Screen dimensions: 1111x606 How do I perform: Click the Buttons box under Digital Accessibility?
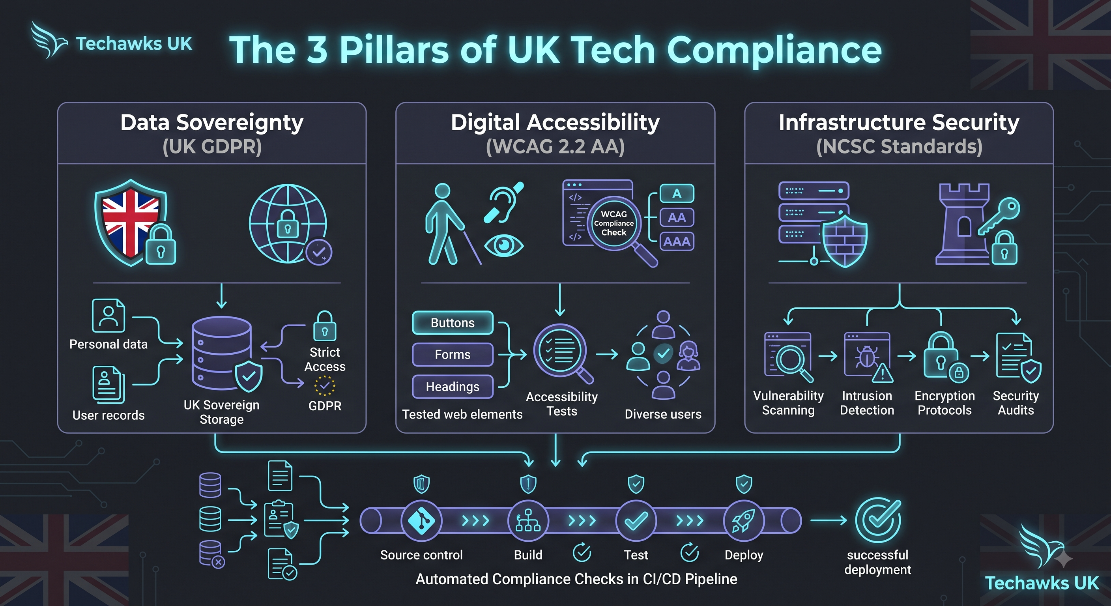pos(453,323)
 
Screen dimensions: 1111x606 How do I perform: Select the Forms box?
pos(453,355)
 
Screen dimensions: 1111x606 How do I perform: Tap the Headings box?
pos(453,387)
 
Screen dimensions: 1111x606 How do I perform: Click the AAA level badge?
pos(677,241)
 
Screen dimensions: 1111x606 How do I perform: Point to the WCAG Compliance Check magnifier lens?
pos(614,223)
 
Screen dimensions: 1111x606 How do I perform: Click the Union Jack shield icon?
pos(130,222)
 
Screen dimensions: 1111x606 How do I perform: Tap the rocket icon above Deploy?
pos(744,521)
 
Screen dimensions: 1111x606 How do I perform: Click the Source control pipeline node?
pos(421,521)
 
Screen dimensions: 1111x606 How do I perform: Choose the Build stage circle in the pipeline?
pos(528,521)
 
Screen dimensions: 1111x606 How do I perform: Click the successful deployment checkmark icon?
pos(878,520)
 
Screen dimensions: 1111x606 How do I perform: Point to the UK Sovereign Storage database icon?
pos(222,352)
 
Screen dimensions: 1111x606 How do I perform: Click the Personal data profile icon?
pos(108,316)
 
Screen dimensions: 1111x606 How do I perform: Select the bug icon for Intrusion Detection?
pos(867,357)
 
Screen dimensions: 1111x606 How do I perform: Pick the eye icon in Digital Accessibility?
pos(503,246)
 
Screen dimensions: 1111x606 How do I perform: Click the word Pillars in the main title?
pos(394,50)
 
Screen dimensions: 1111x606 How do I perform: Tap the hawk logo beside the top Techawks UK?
pos(49,40)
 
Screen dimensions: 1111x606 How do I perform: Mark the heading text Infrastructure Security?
pos(899,122)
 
